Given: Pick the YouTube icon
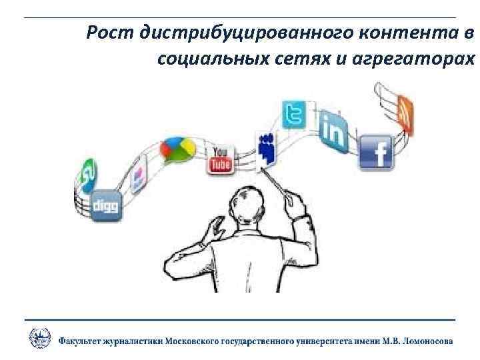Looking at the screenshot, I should coord(220,159).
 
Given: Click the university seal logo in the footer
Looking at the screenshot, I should coord(39,338).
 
